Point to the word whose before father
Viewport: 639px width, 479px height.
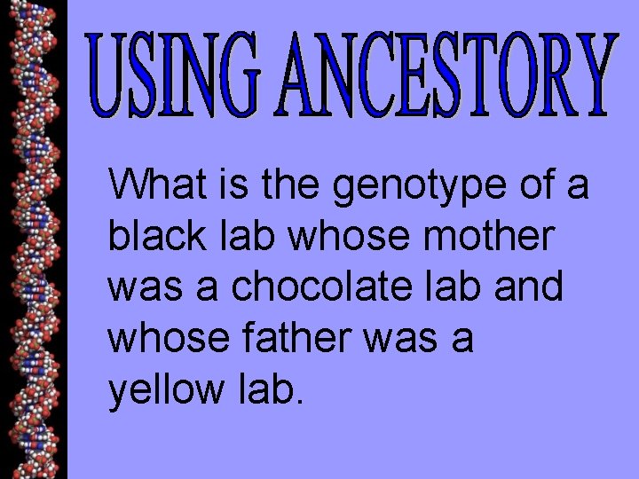point(170,340)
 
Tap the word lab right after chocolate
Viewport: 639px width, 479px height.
point(454,287)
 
